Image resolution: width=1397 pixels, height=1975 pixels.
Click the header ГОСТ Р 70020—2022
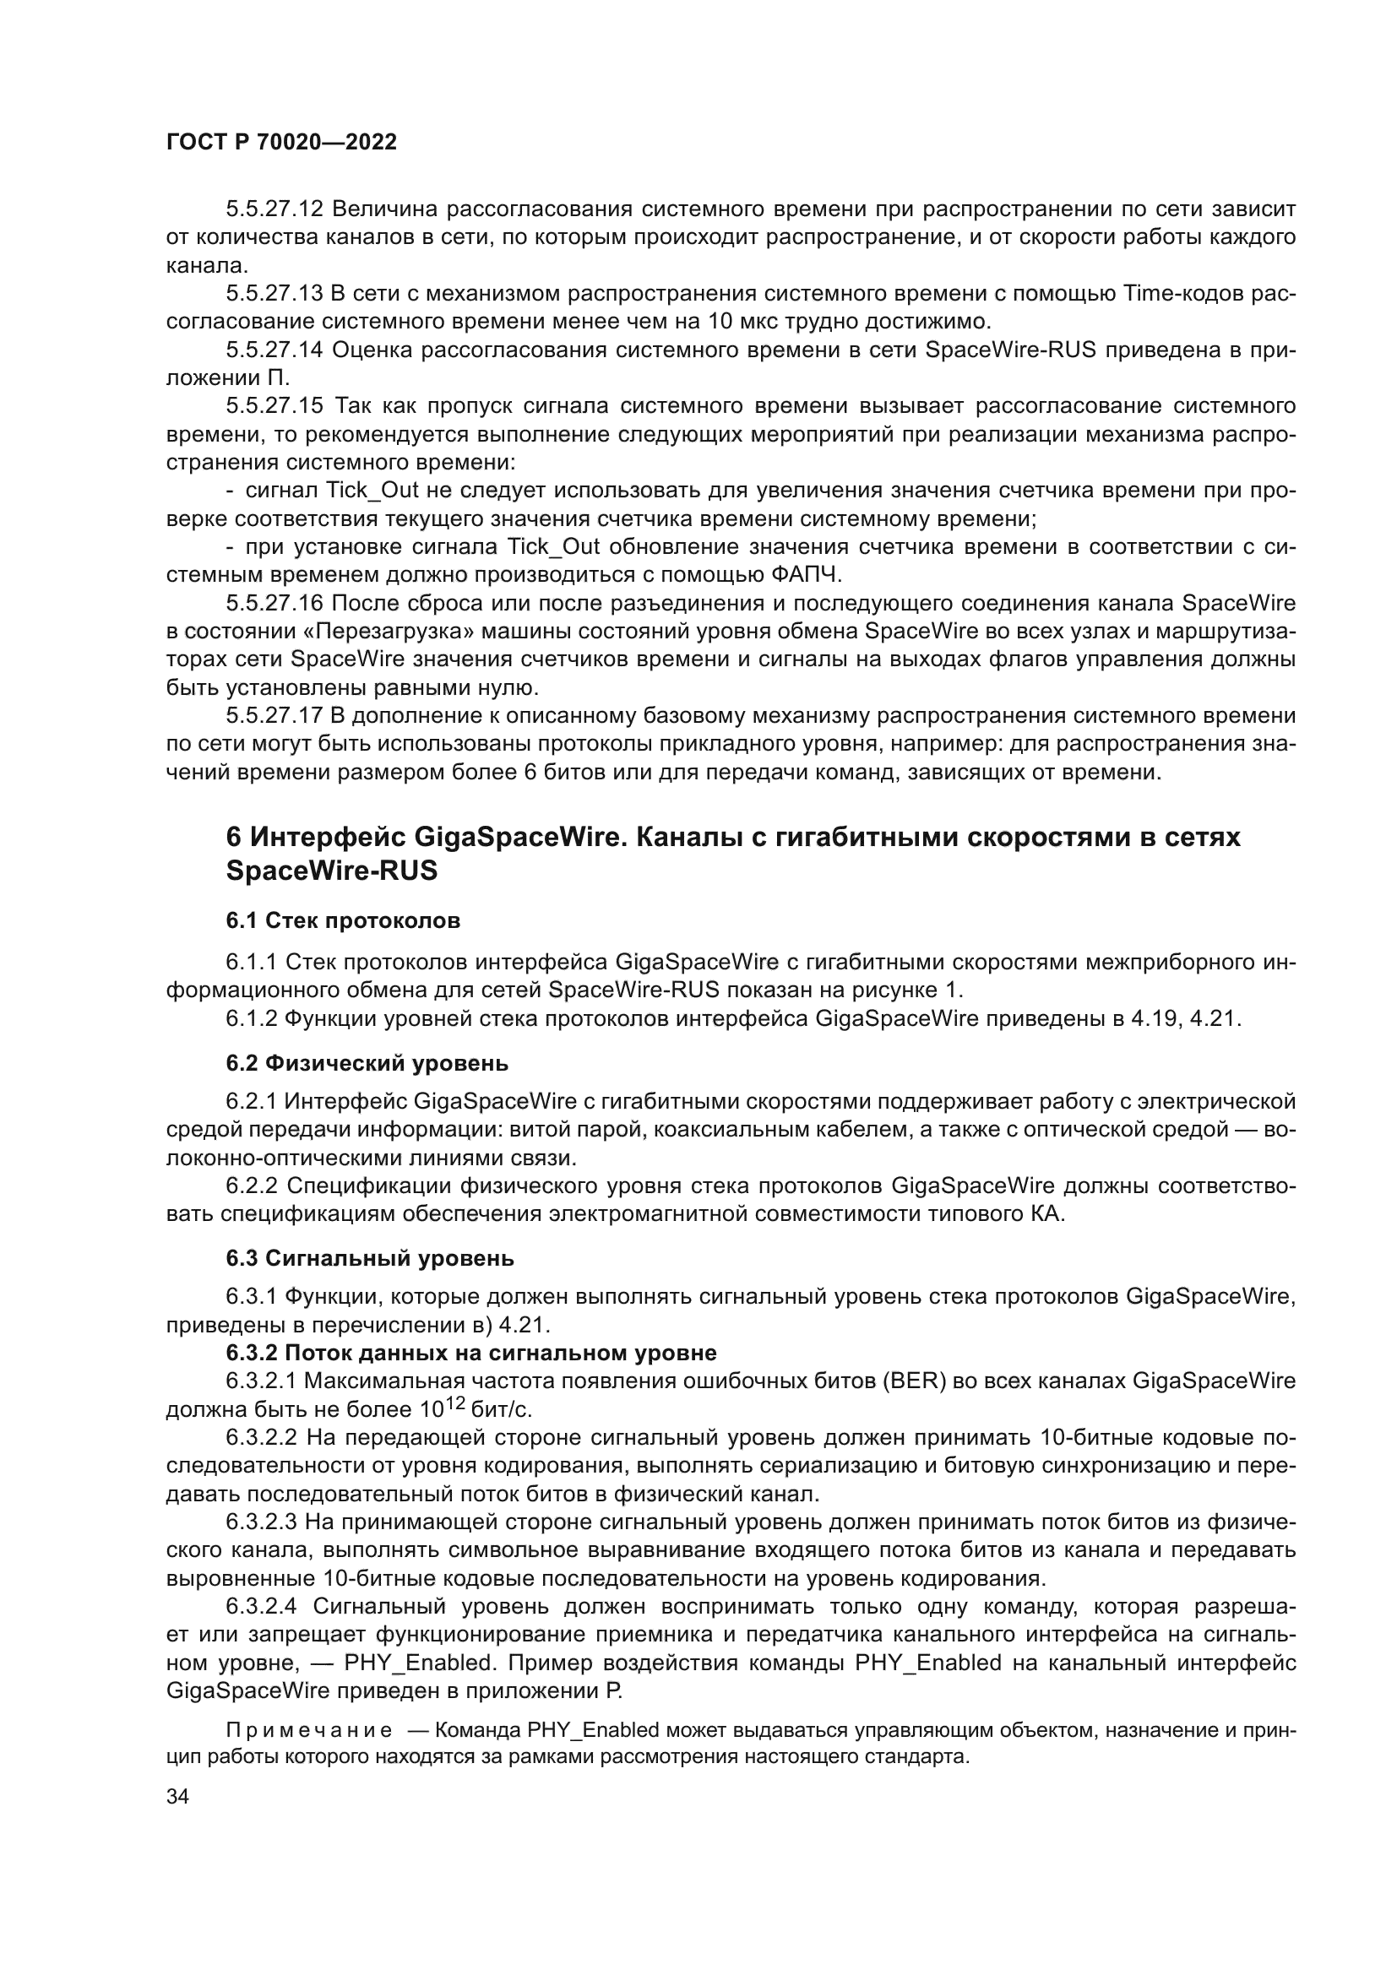click(x=281, y=143)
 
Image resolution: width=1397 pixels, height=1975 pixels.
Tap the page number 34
click(x=177, y=1796)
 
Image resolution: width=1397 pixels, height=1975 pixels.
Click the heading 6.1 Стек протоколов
click(x=343, y=921)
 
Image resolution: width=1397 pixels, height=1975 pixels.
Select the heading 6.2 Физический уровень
click(x=367, y=1064)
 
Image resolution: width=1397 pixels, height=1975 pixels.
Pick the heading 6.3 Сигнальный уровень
click(x=370, y=1258)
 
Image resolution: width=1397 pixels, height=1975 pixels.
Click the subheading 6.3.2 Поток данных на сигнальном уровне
click(x=471, y=1353)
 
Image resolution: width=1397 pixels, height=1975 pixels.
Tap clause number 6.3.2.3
click(x=261, y=1522)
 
